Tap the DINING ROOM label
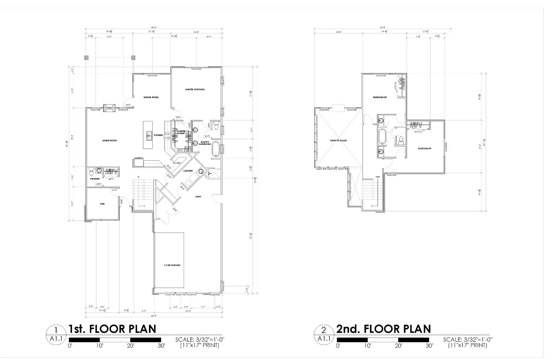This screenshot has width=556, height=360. (x=151, y=97)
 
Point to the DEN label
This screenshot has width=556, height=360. (x=102, y=204)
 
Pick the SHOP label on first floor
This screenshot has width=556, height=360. (x=198, y=197)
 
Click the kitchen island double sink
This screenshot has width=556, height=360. (x=149, y=135)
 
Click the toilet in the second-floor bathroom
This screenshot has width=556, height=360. (x=401, y=139)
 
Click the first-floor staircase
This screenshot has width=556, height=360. (x=141, y=192)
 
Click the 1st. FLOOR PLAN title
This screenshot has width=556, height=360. (x=112, y=329)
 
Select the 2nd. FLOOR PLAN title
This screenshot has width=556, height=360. (x=383, y=329)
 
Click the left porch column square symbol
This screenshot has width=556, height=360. (x=87, y=58)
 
